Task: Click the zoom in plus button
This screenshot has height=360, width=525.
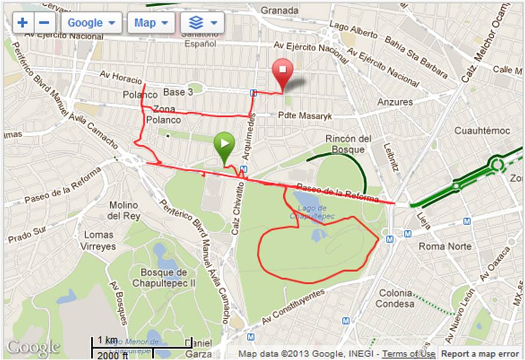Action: tap(23, 23)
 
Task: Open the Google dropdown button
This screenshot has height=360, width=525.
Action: tap(91, 23)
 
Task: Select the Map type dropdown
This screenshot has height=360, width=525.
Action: tap(150, 23)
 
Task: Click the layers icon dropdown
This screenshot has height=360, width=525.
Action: tap(202, 23)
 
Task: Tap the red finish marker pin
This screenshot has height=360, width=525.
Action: tap(282, 71)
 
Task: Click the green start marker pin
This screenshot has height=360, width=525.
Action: tap(225, 145)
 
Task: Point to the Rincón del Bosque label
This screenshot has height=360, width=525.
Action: tap(345, 144)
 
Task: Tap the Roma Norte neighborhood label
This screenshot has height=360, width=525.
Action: tap(445, 246)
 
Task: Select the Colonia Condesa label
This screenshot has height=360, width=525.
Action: tap(396, 298)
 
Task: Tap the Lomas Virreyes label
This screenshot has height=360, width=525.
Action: tap(99, 241)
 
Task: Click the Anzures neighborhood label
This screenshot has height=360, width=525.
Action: tap(395, 102)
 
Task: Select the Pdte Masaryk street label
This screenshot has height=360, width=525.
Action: tap(305, 116)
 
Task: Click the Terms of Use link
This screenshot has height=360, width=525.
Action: tap(408, 354)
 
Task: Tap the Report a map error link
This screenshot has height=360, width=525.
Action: tap(480, 354)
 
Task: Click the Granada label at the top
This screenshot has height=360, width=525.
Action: tap(280, 10)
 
